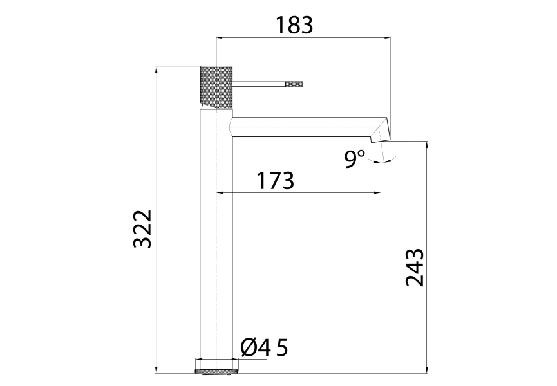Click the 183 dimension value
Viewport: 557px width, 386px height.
tap(294, 25)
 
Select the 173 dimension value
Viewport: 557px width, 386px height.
tap(276, 181)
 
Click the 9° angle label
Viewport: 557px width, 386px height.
tap(354, 158)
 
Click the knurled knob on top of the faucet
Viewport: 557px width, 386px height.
tap(216, 87)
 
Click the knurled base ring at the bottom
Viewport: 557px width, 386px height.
tap(216, 370)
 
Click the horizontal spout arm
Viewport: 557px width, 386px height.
tap(303, 127)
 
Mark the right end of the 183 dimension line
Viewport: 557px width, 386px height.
tap(390, 38)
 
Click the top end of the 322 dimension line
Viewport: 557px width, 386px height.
tap(157, 66)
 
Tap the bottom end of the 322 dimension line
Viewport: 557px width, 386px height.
tap(157, 372)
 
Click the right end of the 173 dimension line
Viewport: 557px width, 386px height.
tap(379, 192)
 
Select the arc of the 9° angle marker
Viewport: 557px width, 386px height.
tap(390, 159)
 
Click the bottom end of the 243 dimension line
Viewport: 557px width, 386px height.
tap(426, 372)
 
